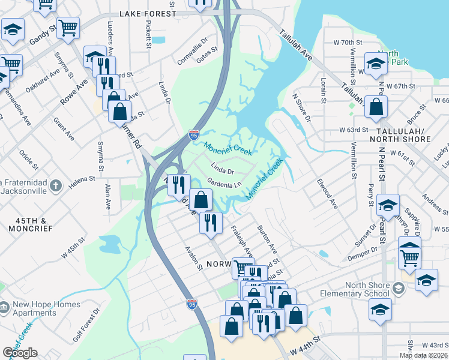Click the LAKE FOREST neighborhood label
pyautogui.click(x=148, y=13)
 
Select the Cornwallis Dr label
pyautogui.click(x=192, y=44)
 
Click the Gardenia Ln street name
pyautogui.click(x=223, y=182)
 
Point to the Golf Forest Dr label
pyautogui.click(x=86, y=326)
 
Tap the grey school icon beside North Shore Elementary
pyautogui.click(x=398, y=289)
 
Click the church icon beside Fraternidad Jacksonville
pyautogui.click(x=55, y=185)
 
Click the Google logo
pyautogui.click(x=20, y=353)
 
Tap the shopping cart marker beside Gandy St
pyautogui.click(x=68, y=26)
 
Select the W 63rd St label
pyautogui.click(x=353, y=130)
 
